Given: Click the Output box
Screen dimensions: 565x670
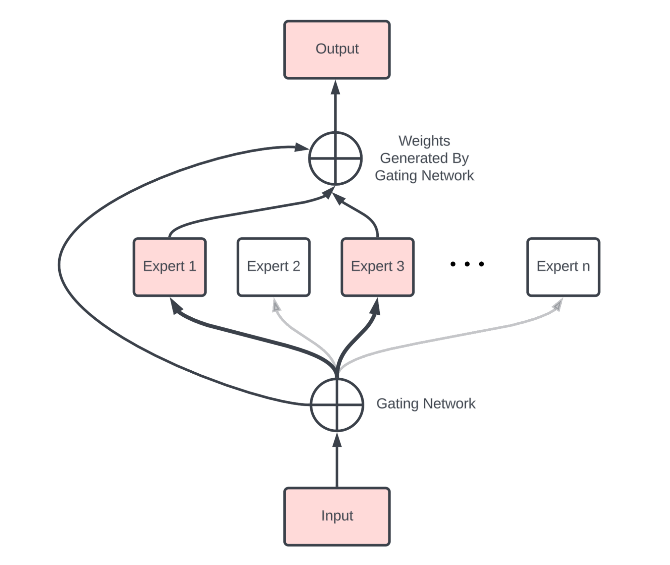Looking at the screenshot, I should [x=337, y=50].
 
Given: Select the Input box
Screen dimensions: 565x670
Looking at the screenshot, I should [x=337, y=516].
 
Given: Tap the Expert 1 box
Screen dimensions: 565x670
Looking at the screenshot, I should [x=169, y=267].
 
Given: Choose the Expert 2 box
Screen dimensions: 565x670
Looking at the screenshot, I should [x=273, y=267].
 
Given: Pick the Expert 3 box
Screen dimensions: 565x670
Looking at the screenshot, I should [x=377, y=267].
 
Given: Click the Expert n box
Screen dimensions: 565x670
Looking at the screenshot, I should [x=563, y=267].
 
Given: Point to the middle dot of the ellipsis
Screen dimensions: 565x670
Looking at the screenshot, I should [x=467, y=264].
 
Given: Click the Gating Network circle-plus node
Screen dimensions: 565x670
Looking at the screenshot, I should [x=337, y=405].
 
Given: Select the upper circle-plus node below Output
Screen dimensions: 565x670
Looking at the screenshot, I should [x=335, y=158].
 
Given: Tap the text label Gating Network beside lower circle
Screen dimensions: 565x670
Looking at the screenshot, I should [x=425, y=403].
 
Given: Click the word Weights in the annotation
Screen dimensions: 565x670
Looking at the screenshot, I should [x=424, y=141].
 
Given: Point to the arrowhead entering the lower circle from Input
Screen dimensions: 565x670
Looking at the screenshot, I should [x=337, y=440].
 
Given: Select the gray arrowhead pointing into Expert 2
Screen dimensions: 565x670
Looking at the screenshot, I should [x=276, y=306].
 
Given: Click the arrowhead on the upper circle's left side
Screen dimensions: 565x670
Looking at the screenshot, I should [x=301, y=147].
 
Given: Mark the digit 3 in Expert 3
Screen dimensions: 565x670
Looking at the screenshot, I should [x=400, y=266].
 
